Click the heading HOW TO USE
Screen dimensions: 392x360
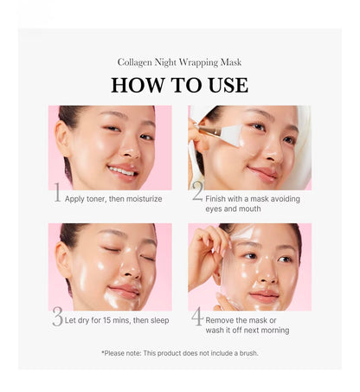click(x=179, y=85)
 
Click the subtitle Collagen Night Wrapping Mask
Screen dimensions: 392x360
click(x=179, y=62)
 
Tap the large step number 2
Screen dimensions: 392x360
click(x=197, y=194)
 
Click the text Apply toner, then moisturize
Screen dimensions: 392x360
click(x=112, y=198)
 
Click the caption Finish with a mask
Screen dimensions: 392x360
click(x=247, y=198)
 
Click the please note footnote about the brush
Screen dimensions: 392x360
click(x=179, y=352)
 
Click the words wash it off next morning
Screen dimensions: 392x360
click(x=247, y=331)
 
